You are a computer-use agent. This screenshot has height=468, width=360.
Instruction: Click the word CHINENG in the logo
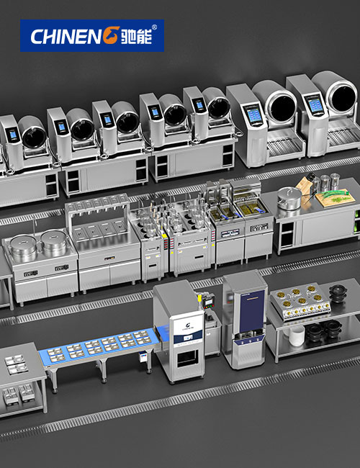pos(75,36)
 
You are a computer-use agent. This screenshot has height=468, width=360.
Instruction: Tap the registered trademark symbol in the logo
pos(154,27)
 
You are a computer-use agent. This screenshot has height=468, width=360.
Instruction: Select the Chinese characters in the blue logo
pos(136,37)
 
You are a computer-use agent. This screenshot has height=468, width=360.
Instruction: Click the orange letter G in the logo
pos(112,36)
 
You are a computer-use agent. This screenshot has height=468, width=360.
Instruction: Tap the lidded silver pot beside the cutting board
pos(289,198)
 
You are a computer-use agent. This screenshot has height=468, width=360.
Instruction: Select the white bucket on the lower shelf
pos(297,336)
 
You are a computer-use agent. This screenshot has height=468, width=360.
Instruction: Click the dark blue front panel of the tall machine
pos(252,307)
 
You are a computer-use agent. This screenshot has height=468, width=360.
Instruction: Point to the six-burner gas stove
pos(300,302)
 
